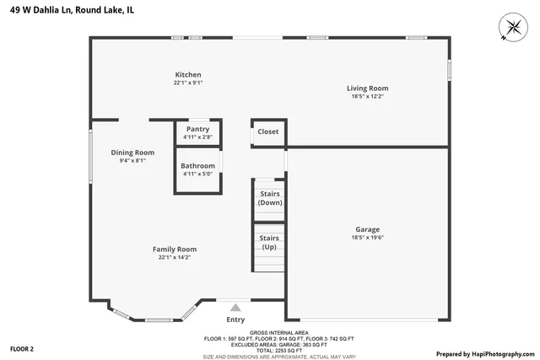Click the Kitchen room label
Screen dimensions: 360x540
click(187, 74)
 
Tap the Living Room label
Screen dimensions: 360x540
click(367, 88)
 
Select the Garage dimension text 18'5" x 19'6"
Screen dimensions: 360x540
click(367, 237)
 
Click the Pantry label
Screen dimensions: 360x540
click(197, 129)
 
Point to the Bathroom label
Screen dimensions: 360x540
click(197, 166)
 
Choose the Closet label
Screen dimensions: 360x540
click(268, 132)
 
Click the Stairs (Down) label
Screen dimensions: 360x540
click(270, 198)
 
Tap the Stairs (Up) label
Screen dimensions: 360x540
click(270, 243)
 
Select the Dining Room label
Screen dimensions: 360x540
click(132, 153)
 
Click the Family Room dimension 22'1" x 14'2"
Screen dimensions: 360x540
click(175, 257)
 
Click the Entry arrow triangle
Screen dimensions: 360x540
click(235, 308)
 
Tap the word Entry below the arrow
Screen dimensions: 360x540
click(235, 320)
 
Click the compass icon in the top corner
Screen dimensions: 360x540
click(510, 27)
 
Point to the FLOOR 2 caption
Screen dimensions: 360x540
click(22, 348)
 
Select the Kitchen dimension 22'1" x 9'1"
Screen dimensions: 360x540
click(187, 83)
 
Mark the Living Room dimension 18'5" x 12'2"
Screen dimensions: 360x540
click(367, 96)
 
